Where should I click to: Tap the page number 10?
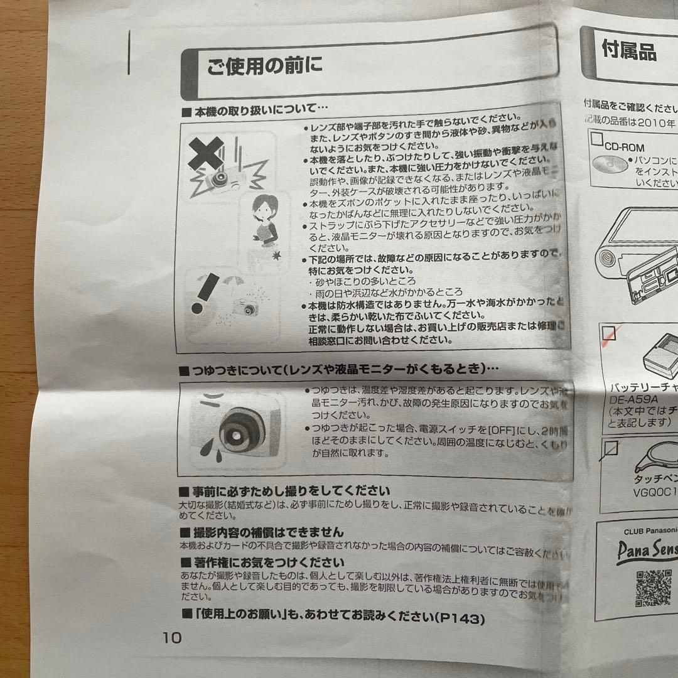(x=171, y=638)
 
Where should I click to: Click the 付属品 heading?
(x=628, y=51)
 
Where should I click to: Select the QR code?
(x=653, y=588)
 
